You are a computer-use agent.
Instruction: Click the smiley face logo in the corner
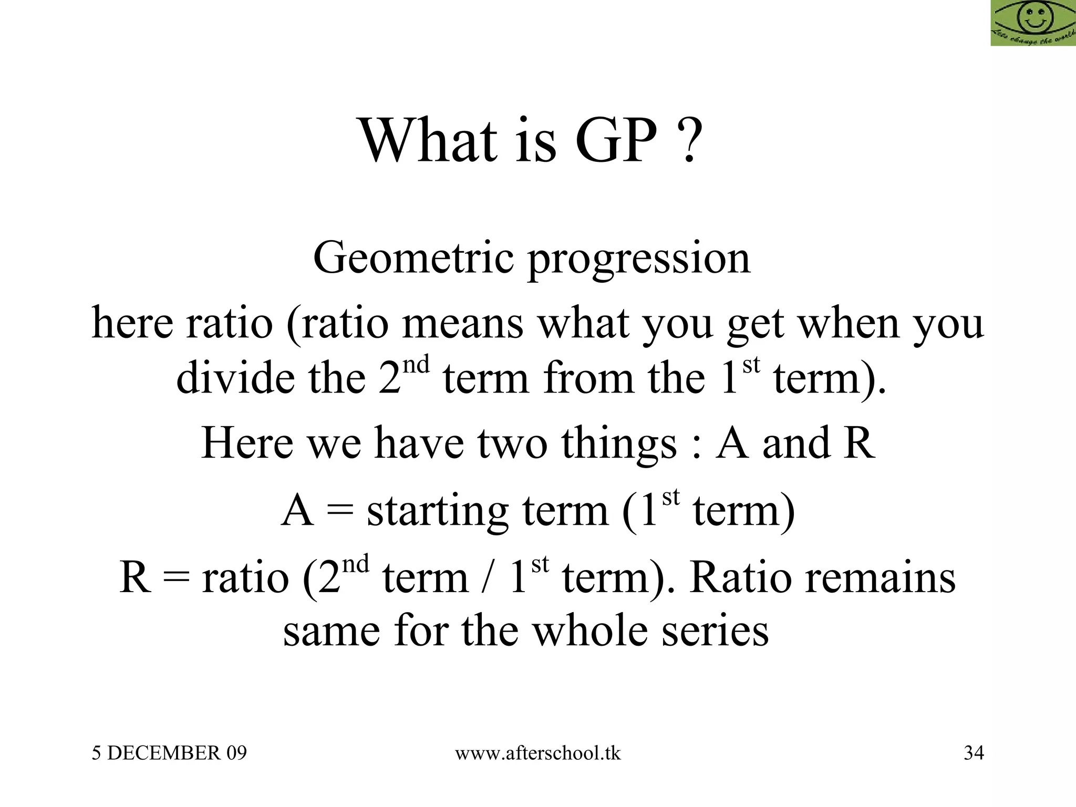1033,22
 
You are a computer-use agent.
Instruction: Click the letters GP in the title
616,141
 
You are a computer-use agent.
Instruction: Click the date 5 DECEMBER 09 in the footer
169,753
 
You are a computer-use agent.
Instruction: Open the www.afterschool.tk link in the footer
537,753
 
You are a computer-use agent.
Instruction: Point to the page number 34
974,753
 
